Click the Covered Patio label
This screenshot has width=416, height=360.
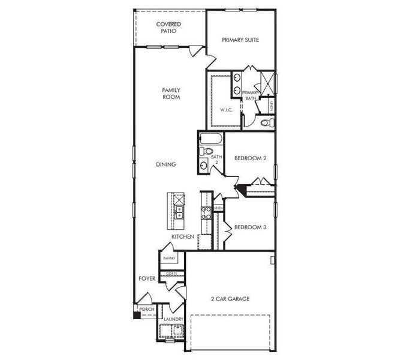pyautogui.click(x=168, y=28)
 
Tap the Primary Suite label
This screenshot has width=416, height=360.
pyautogui.click(x=240, y=40)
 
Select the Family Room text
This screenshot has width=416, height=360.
pyautogui.click(x=171, y=94)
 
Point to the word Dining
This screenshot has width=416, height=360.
pyautogui.click(x=165, y=164)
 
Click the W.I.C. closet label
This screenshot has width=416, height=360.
pyautogui.click(x=225, y=110)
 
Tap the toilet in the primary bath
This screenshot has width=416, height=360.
pyautogui.click(x=268, y=123)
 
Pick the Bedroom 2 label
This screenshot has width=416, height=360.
pyautogui.click(x=250, y=158)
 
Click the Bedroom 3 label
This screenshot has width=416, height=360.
pyautogui.click(x=250, y=227)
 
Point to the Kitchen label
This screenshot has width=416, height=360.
pyautogui.click(x=183, y=238)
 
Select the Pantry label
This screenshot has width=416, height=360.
pyautogui.click(x=169, y=259)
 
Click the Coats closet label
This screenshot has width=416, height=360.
pyautogui.click(x=171, y=273)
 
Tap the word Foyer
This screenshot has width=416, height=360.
pyautogui.click(x=147, y=278)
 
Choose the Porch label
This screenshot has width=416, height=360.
pyautogui.click(x=147, y=310)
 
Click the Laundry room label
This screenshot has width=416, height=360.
pyautogui.click(x=173, y=319)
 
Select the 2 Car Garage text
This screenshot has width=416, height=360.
pyautogui.click(x=230, y=299)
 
